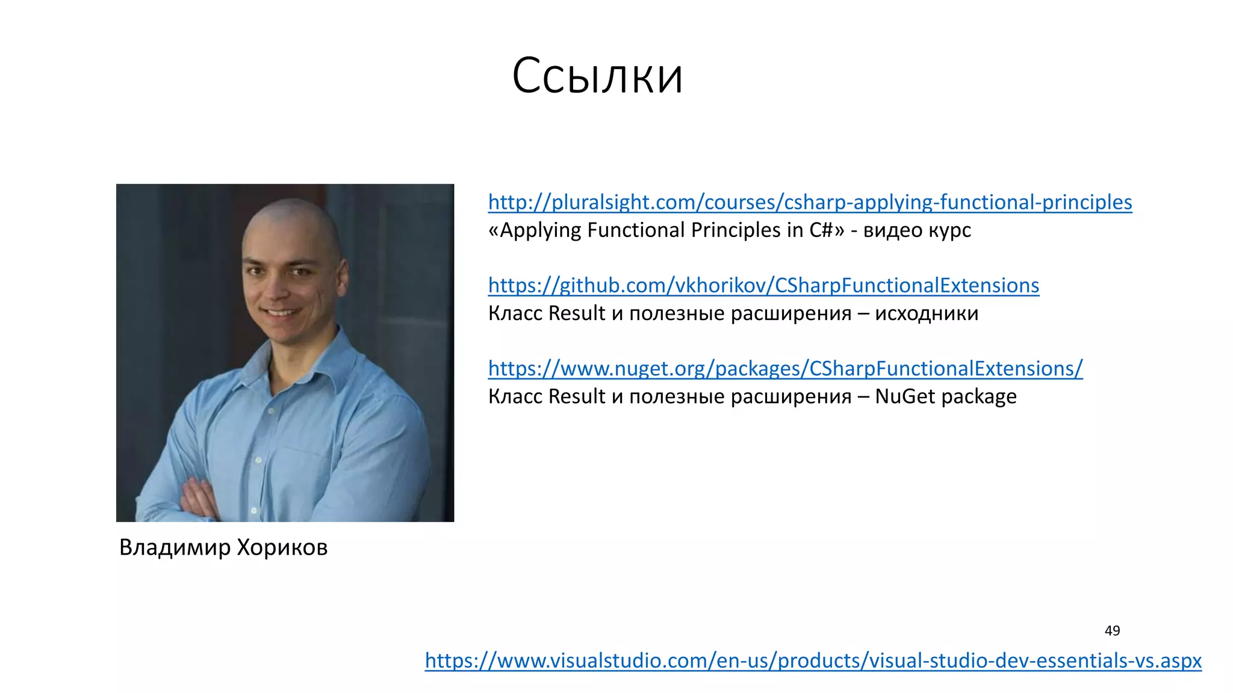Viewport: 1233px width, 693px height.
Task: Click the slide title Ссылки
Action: click(597, 76)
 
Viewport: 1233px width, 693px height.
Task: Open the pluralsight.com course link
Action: click(810, 202)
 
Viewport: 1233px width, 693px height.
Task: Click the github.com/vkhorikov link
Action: click(763, 285)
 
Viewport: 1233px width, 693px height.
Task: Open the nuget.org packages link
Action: click(785, 368)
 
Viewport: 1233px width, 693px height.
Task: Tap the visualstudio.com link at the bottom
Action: click(813, 661)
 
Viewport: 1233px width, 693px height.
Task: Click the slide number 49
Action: click(1112, 630)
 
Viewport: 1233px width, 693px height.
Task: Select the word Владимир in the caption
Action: click(175, 547)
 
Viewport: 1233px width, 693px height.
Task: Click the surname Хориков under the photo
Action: click(282, 547)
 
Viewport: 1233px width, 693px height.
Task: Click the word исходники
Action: click(927, 313)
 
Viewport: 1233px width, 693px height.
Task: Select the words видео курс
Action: click(917, 230)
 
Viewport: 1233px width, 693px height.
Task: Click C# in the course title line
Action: click(821, 230)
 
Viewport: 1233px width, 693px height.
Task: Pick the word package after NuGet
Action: click(979, 396)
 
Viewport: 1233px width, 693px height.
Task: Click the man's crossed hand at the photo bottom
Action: click(199, 499)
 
